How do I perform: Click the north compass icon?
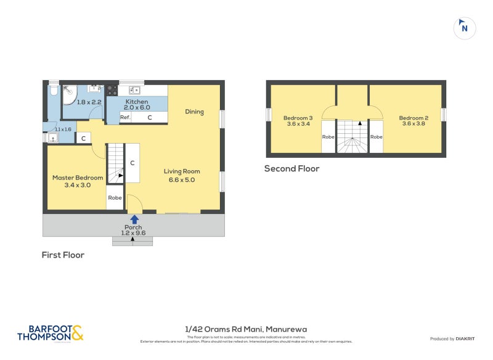tap(465, 28)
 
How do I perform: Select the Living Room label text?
tap(182, 175)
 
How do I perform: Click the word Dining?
tap(194, 112)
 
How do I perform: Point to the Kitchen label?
tap(137, 104)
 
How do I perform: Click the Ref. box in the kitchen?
tap(125, 117)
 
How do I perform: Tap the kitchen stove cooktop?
tap(112, 90)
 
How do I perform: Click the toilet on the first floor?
tap(53, 91)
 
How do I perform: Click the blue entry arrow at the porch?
tap(134, 219)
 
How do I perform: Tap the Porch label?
tap(133, 230)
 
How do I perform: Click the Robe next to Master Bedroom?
tap(115, 198)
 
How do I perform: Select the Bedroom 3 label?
tap(298, 121)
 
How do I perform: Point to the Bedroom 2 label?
tap(413, 121)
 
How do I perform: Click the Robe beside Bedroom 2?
tap(376, 137)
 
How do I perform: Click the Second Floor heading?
tap(291, 168)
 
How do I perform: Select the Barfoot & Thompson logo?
tap(50, 333)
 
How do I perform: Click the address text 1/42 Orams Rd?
tap(246, 329)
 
